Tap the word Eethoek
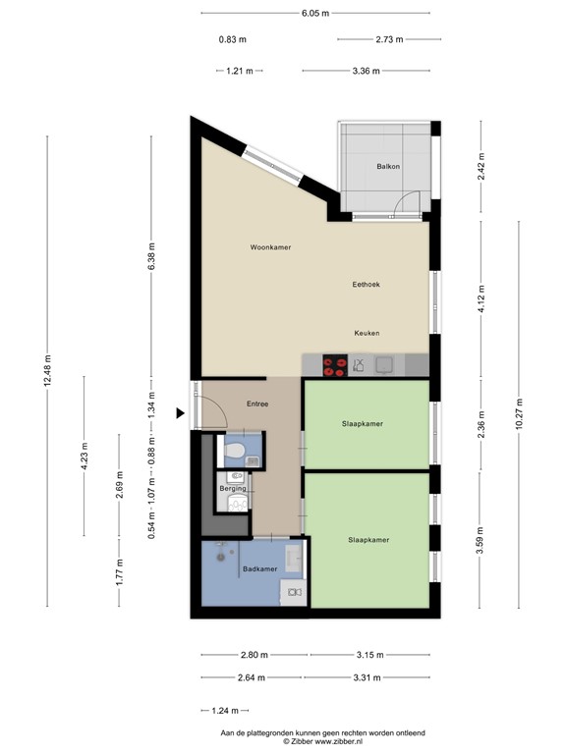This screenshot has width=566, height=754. click(367, 285)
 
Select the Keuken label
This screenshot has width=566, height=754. click(367, 333)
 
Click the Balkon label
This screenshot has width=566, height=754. click(387, 167)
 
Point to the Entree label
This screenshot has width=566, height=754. click(257, 404)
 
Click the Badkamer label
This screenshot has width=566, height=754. click(259, 568)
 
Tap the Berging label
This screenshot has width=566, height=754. click(232, 487)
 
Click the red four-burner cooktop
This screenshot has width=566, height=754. click(334, 366)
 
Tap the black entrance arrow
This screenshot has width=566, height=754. click(181, 413)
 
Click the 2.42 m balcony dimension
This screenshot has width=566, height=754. click(481, 168)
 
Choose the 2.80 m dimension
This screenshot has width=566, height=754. click(253, 655)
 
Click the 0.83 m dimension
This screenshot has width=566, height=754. click(232, 40)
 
